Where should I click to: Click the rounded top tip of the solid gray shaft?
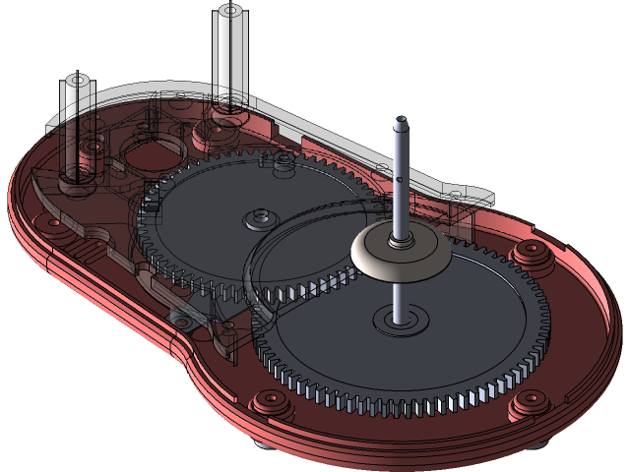pyautogui.click(x=400, y=123)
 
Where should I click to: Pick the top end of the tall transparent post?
pyautogui.click(x=228, y=12)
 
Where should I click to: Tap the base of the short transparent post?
pyautogui.click(x=76, y=177)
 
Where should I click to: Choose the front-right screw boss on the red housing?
pyautogui.click(x=529, y=401)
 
